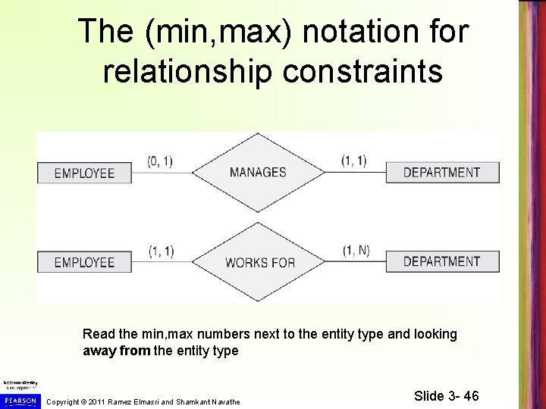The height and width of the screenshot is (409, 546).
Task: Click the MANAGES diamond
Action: point(258,172)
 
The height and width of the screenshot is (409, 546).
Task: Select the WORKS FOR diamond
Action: point(259,263)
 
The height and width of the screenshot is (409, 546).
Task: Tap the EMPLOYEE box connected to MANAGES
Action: point(84,173)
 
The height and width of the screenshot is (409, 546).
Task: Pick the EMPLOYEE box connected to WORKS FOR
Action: point(84,263)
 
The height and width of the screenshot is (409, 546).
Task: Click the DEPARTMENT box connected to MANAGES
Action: point(441,172)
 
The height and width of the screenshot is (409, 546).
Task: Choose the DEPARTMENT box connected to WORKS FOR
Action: point(441,262)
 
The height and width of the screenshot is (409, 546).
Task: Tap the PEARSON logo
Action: point(20,399)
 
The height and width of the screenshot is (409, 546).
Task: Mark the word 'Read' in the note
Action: point(96,334)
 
